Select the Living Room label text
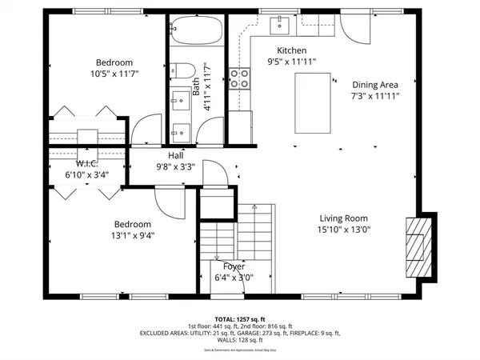click(x=343, y=218)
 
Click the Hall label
click(x=176, y=156)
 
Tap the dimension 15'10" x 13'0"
click(x=343, y=230)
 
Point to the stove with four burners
click(x=238, y=78)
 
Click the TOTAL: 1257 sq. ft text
click(x=240, y=318)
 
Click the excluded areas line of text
click(x=240, y=333)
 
